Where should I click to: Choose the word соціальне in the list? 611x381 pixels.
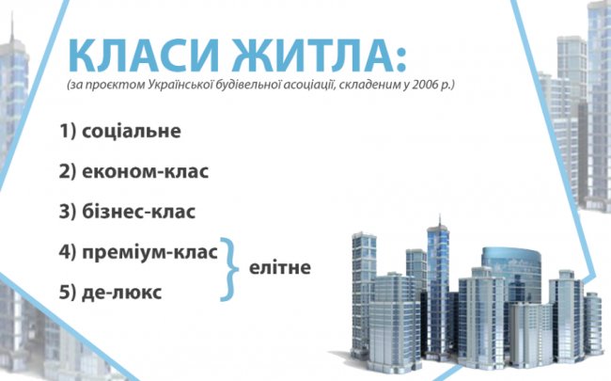(131, 131)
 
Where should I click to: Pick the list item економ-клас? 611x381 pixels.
(145, 172)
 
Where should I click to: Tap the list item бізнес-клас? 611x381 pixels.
(139, 212)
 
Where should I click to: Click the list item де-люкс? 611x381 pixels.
(121, 293)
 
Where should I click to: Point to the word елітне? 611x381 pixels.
(279, 268)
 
